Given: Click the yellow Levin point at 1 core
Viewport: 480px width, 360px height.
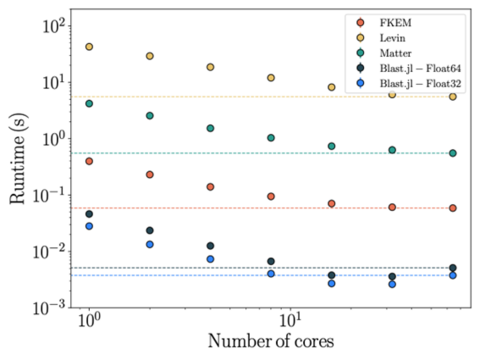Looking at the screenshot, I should (x=89, y=47).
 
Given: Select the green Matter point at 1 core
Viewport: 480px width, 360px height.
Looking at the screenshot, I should (x=89, y=103).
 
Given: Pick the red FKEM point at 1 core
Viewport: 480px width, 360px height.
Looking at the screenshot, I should (x=89, y=161).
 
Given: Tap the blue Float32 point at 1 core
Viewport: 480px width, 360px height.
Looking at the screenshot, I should (x=89, y=226).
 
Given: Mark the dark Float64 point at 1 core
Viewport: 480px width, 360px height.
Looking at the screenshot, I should (x=89, y=214).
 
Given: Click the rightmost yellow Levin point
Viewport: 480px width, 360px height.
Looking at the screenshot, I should (x=453, y=97).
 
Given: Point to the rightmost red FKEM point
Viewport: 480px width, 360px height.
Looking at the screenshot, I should (x=453, y=208).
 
